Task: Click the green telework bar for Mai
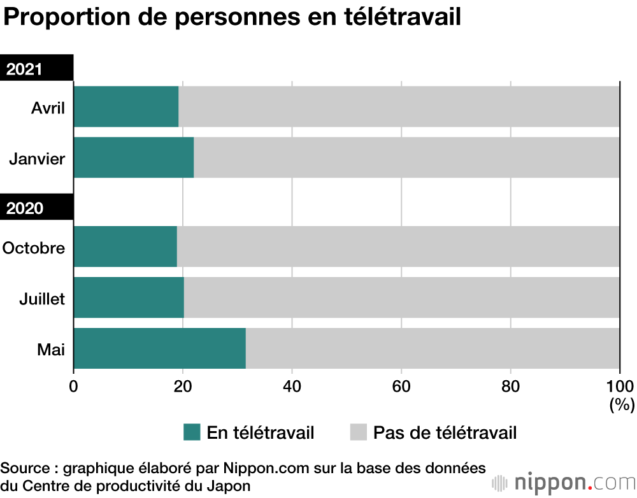click(159, 348)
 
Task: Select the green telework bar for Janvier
click(134, 157)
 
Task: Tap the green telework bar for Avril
click(126, 106)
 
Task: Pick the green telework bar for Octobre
click(125, 246)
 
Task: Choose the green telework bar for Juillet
click(129, 297)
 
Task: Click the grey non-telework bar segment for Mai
click(432, 348)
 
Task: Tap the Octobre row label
click(34, 247)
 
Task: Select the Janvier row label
click(37, 158)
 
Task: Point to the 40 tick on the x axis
click(292, 385)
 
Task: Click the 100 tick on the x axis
click(619, 385)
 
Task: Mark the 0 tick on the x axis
click(74, 385)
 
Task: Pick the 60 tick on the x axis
click(401, 385)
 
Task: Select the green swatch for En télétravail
click(192, 432)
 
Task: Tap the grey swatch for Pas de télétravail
click(359, 432)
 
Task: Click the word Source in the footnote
click(26, 468)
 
